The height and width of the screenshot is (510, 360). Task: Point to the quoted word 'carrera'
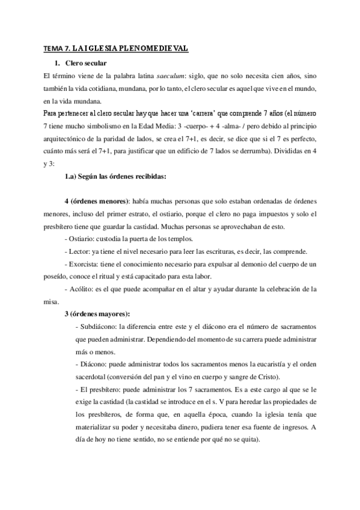pos(189,113)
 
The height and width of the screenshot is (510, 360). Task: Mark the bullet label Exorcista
pos(85,264)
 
